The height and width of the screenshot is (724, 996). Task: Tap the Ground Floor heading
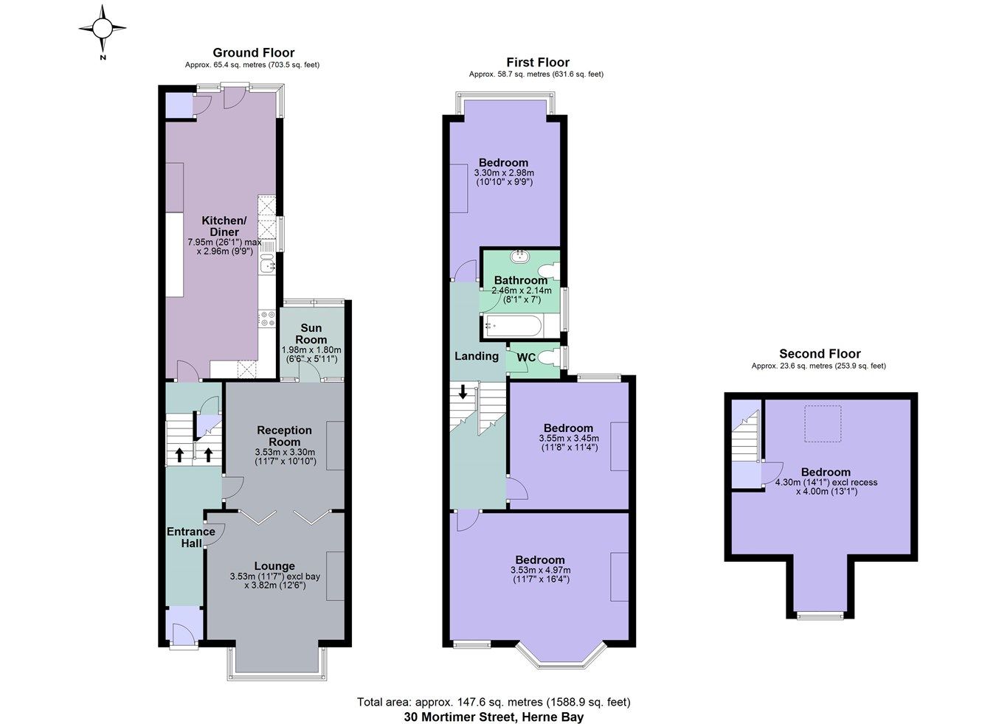click(253, 52)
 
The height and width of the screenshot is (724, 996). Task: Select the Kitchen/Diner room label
click(224, 226)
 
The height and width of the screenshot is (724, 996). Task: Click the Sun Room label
click(311, 333)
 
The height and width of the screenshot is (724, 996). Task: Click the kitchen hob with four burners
click(266, 319)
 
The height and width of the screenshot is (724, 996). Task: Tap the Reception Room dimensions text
click(285, 457)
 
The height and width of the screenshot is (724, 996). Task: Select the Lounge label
click(274, 566)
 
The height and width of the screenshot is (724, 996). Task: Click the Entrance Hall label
click(191, 537)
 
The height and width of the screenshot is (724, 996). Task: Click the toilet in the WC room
click(547, 358)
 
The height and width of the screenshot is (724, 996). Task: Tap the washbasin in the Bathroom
click(522, 257)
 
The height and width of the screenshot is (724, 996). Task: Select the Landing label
click(476, 356)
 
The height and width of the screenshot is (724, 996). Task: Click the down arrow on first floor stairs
click(463, 391)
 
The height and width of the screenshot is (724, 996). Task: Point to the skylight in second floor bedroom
click(823, 423)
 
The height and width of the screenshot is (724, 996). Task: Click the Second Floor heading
click(820, 354)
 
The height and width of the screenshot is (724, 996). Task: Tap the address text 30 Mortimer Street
click(494, 717)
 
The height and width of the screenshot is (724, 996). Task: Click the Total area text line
click(494, 702)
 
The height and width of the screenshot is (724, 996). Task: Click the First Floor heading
click(538, 63)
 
